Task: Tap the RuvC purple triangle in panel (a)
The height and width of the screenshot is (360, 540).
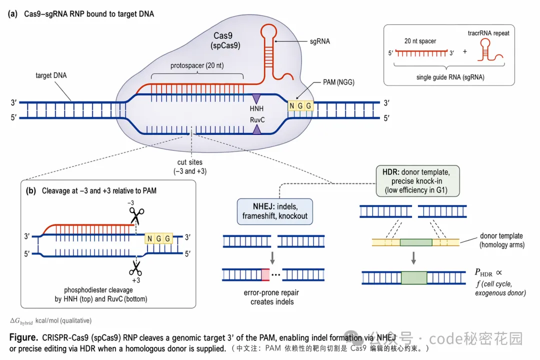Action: (256, 129)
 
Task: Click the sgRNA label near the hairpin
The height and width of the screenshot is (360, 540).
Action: (320, 41)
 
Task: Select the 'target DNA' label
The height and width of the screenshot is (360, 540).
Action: (51, 76)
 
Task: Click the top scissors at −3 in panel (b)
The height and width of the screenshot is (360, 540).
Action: (135, 215)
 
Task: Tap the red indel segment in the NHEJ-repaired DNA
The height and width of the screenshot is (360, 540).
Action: (265, 274)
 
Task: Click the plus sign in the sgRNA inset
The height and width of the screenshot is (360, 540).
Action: (464, 51)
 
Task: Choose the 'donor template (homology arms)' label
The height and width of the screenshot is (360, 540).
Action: (501, 240)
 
